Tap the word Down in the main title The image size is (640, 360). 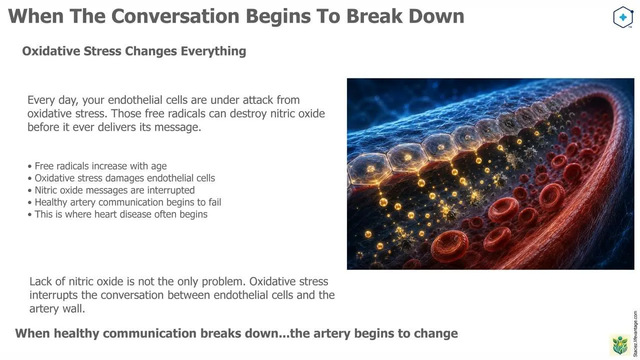pos(436,16)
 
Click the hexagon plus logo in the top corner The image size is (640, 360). pos(623,17)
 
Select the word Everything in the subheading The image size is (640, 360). pos(213,51)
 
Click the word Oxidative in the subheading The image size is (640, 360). pos(51,51)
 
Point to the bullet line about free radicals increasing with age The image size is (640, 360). pos(97,166)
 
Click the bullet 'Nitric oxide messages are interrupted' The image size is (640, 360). pos(111,190)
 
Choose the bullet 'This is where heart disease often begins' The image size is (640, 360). pos(117,214)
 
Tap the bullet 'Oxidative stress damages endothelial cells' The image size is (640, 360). pos(121,178)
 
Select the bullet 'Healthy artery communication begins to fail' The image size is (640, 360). pos(124,202)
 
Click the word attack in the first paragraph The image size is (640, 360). pos(257,100)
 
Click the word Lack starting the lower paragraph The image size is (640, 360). pos(40,281)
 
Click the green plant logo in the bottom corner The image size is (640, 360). pos(619,345)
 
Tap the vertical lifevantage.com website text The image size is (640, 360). pos(635,334)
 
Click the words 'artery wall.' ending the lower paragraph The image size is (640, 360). pos(57,309)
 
